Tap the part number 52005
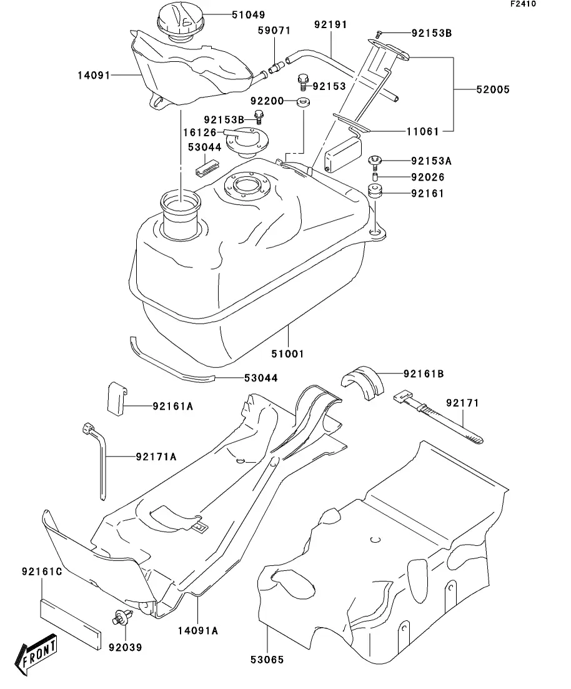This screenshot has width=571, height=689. click(493, 90)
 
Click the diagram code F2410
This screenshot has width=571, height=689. click(523, 4)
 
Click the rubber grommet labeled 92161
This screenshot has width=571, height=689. click(374, 192)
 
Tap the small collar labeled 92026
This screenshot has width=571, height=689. click(375, 177)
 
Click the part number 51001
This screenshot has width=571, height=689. click(287, 354)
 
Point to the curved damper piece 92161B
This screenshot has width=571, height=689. click(362, 380)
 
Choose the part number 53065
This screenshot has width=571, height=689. click(267, 660)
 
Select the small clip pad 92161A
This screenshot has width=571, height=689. click(117, 399)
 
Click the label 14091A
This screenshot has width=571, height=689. click(198, 630)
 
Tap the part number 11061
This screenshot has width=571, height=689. click(422, 131)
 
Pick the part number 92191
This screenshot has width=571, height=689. click(330, 24)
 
